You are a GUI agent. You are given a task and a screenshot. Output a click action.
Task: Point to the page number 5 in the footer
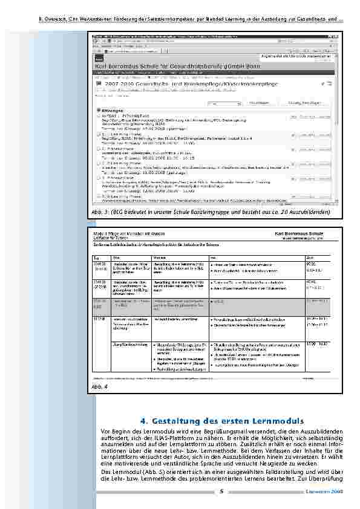point(221,491)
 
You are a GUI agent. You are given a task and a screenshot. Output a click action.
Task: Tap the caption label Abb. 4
point(100,386)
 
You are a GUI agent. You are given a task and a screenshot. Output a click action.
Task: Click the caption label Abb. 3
point(100,213)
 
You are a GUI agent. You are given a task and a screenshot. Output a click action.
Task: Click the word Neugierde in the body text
point(266,463)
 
